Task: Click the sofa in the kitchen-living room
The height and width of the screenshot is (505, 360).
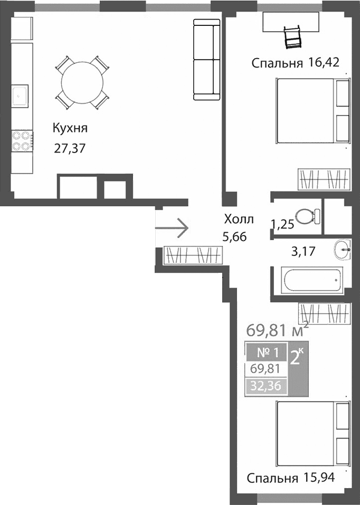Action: click(206, 59)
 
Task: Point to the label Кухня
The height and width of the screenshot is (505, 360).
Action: click(70, 128)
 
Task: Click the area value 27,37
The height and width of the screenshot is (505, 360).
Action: click(70, 148)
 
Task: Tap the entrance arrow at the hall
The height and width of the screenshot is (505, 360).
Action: click(172, 228)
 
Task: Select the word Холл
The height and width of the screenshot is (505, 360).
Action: click(239, 219)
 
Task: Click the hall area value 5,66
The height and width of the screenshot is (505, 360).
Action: click(234, 237)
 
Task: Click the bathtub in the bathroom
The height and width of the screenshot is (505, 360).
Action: click(312, 280)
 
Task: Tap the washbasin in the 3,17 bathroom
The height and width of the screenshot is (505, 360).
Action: click(342, 250)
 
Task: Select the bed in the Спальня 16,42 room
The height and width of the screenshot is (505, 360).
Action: click(313, 110)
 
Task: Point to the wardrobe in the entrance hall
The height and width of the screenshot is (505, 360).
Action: click(192, 255)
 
